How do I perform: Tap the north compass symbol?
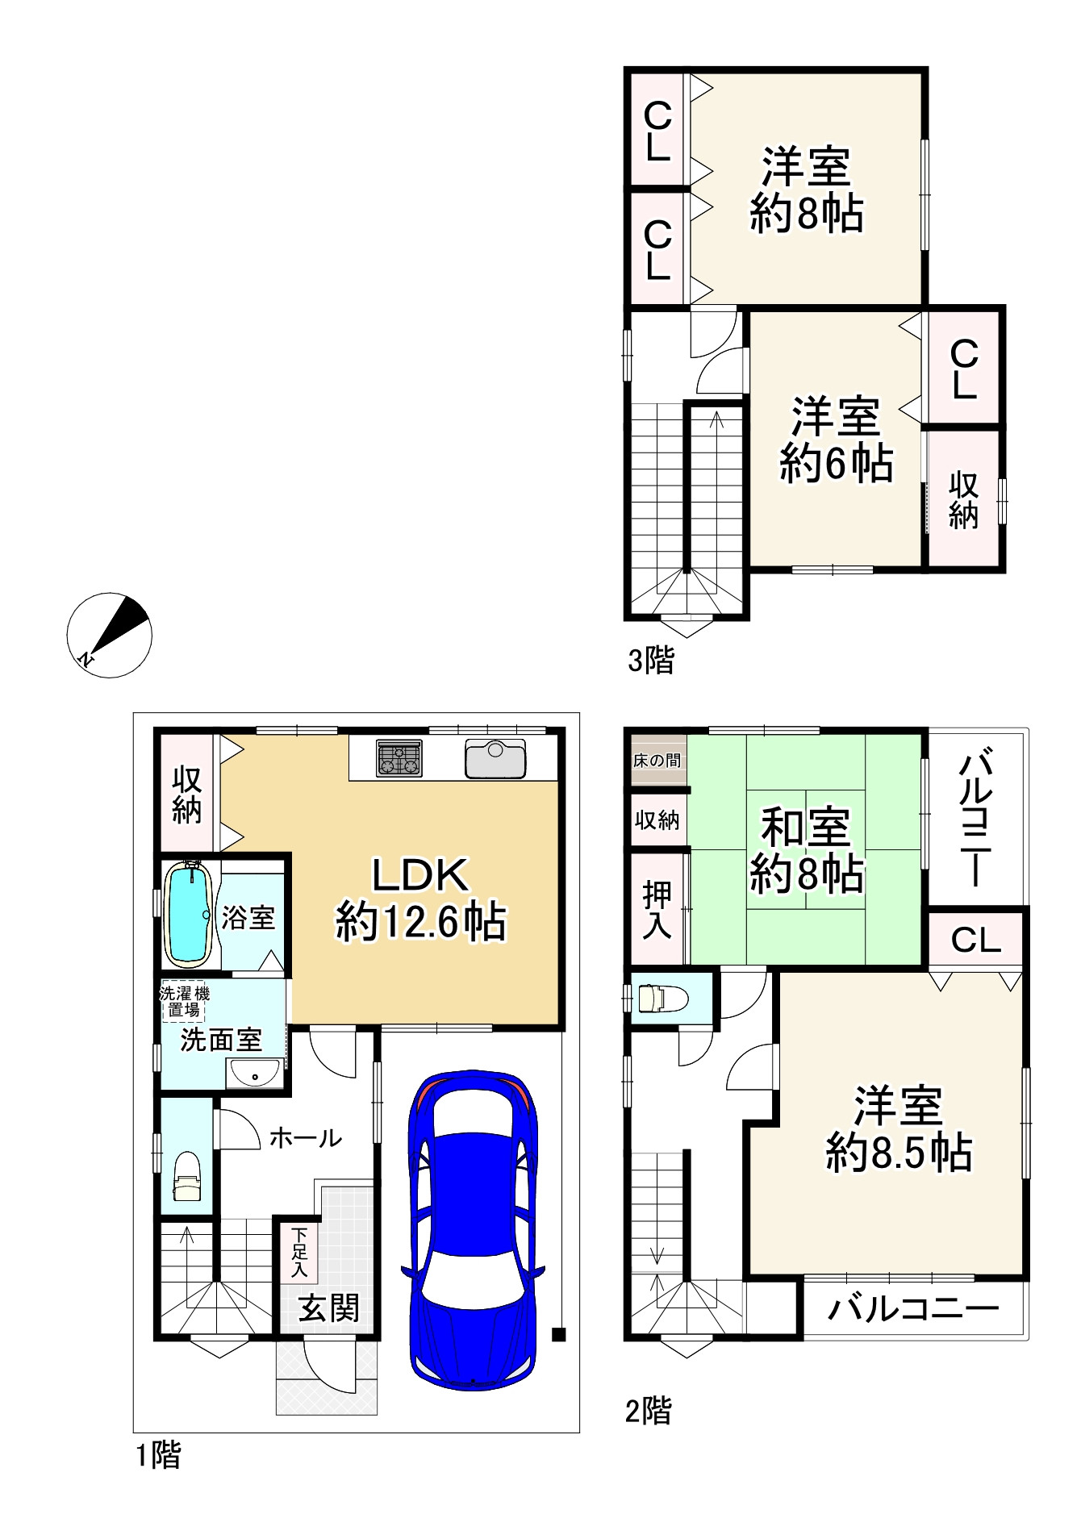tap(108, 635)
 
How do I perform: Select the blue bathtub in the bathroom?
tap(189, 914)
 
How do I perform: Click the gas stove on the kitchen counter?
tap(399, 758)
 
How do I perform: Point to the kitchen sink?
tap(495, 758)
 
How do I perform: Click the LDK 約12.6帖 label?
tap(420, 899)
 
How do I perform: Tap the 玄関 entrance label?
tap(329, 1308)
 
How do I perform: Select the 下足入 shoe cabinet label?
tap(299, 1253)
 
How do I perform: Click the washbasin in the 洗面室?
tap(254, 1074)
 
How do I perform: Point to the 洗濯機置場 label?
tap(184, 1001)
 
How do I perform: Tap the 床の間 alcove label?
tap(657, 760)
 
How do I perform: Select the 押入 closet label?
tap(657, 910)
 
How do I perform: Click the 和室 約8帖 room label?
tap(806, 850)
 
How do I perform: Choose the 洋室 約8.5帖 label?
tap(899, 1129)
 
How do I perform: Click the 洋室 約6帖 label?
tap(836, 440)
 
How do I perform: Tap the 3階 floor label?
tap(650, 661)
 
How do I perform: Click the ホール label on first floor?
tap(305, 1138)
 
